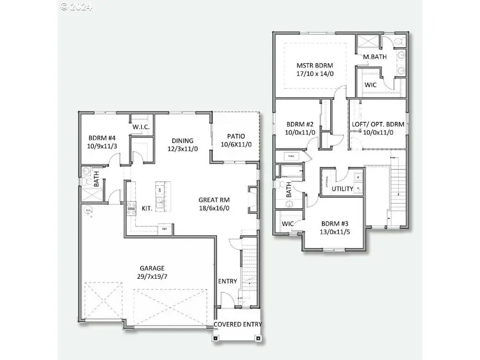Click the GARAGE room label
(152, 268)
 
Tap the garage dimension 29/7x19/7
(152, 277)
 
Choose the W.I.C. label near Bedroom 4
(141, 127)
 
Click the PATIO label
(233, 136)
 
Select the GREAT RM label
(214, 199)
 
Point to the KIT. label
(147, 209)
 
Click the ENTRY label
(227, 281)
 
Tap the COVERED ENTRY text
(238, 324)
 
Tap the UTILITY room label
(343, 189)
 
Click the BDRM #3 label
(333, 223)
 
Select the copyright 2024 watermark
(76, 7)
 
